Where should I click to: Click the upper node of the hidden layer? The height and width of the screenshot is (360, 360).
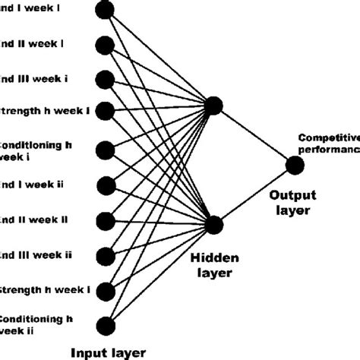(x=213, y=107)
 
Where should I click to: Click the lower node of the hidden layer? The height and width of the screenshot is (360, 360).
(x=213, y=224)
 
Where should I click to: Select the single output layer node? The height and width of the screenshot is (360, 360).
(x=295, y=164)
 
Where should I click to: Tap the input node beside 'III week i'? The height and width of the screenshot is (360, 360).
(x=106, y=79)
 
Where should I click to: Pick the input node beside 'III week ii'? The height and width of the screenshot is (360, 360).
(x=106, y=255)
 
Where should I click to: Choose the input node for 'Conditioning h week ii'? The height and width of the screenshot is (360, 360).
(x=106, y=325)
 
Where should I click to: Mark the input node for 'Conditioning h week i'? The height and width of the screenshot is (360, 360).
(x=106, y=148)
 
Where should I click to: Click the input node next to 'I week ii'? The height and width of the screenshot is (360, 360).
(x=106, y=184)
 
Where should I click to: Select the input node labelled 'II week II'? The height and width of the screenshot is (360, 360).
(x=106, y=219)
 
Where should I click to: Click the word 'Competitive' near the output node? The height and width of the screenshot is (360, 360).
(x=328, y=137)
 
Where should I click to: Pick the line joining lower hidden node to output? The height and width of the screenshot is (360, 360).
(x=254, y=194)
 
